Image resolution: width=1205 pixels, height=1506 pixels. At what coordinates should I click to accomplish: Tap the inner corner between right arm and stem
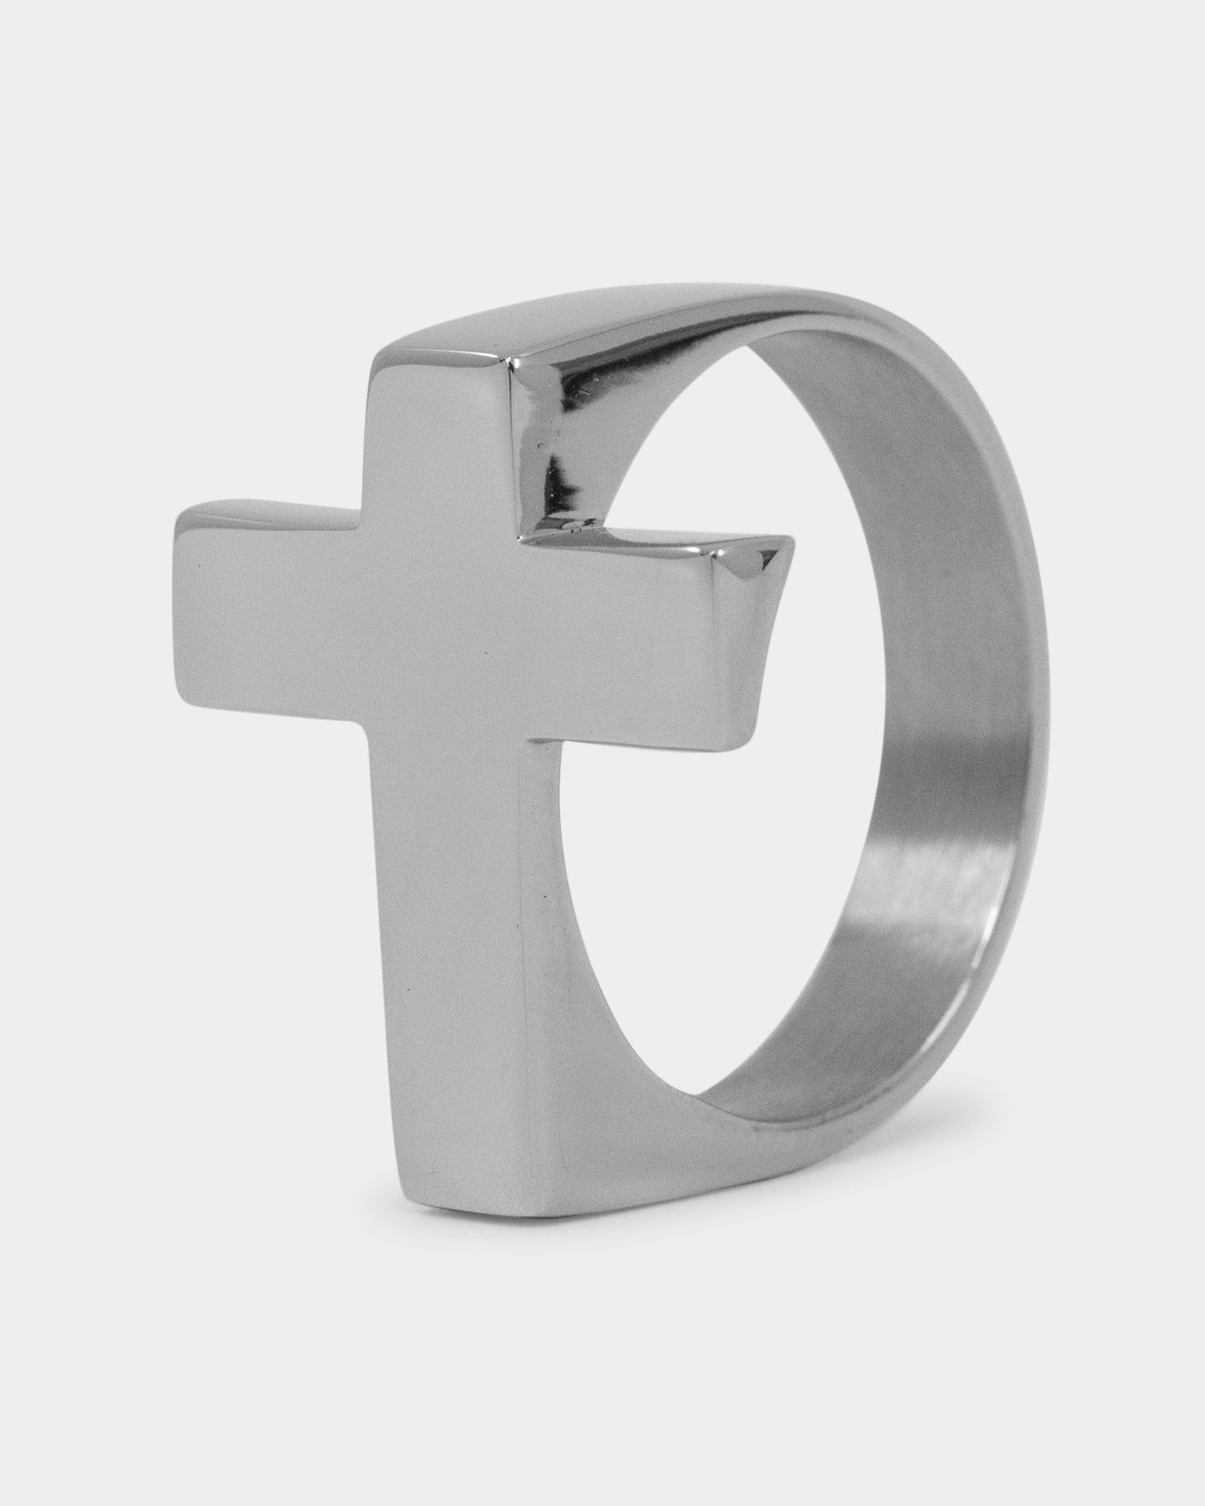[x=532, y=740]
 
